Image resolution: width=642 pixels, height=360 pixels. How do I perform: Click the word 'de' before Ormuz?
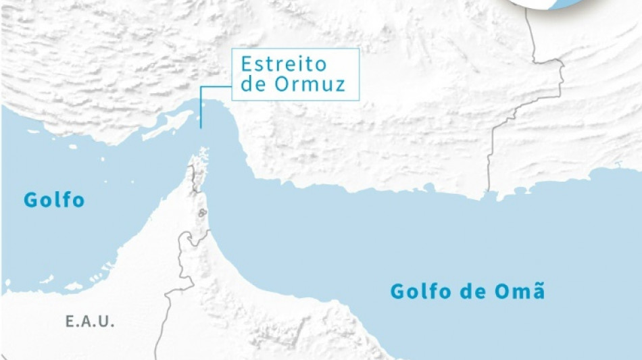(x=253, y=85)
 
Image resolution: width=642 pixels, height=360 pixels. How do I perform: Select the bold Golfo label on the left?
(x=54, y=200)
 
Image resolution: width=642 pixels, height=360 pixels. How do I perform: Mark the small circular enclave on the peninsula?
(x=201, y=214)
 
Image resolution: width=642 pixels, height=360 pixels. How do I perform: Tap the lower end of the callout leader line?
(x=201, y=127)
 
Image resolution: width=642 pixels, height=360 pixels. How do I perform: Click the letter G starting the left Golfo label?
(x=30, y=200)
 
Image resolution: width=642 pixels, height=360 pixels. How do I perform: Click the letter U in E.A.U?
(x=107, y=322)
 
